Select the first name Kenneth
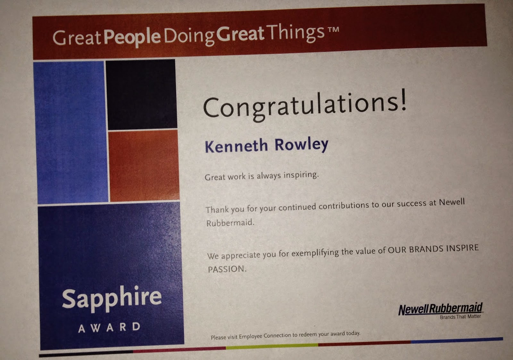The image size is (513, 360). (x=236, y=146)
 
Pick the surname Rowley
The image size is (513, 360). (x=301, y=145)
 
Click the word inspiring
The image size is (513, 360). (x=301, y=175)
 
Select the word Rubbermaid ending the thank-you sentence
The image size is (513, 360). (x=230, y=222)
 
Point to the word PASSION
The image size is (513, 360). (x=227, y=269)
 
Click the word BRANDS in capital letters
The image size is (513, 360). (x=426, y=249)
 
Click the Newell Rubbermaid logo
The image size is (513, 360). (x=441, y=309)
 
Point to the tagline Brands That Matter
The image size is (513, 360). (x=460, y=317)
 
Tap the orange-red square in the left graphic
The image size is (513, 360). (x=144, y=166)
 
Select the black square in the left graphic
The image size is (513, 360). (x=141, y=94)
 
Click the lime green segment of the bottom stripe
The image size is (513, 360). (x=272, y=346)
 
